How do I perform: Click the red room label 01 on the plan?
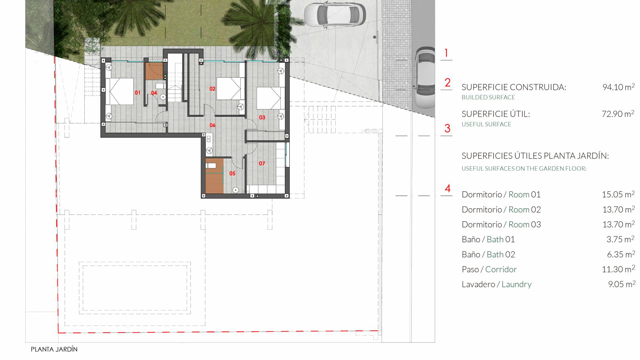137,93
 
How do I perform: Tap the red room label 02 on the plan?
212,89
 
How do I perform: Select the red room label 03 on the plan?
262,117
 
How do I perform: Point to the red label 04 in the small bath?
154,93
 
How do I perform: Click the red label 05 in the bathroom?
232,173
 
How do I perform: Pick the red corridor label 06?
212,125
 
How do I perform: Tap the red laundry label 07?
262,163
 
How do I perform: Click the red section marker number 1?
446,53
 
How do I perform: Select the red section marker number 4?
448,189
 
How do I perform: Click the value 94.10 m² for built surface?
618,87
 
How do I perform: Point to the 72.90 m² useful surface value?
618,114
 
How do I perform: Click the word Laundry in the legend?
516,284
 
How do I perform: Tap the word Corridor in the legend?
501,269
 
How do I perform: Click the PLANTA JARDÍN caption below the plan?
54,349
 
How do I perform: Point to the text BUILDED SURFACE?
488,97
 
